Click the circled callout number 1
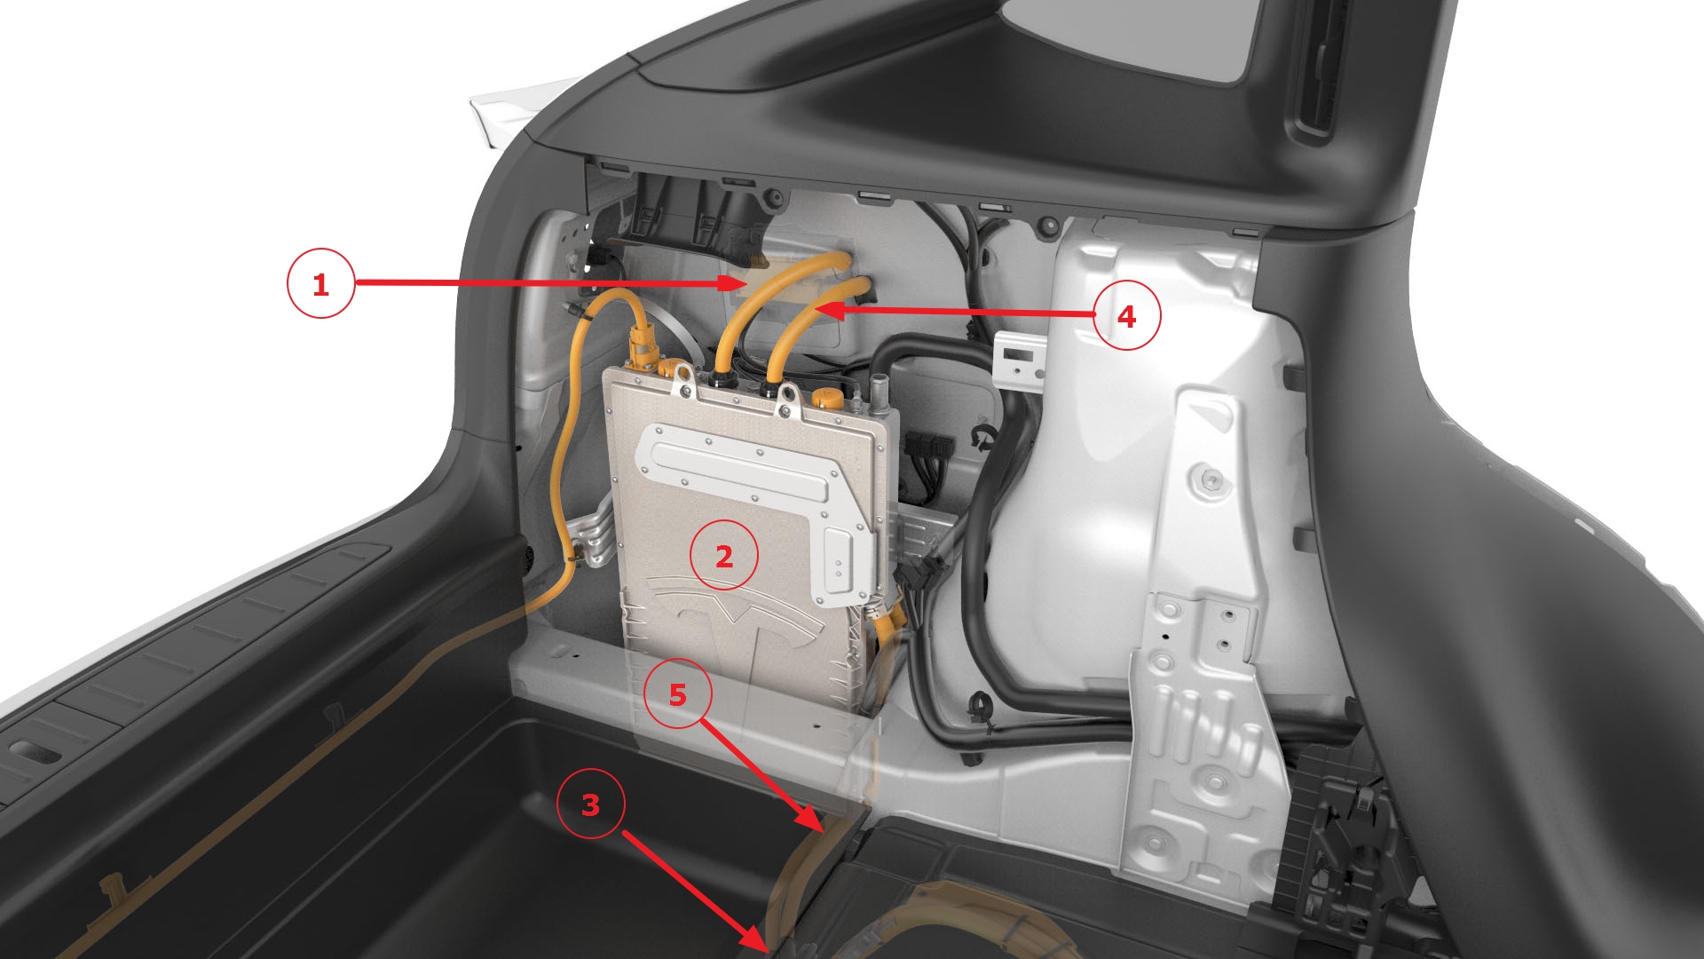[320, 284]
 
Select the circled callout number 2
[724, 556]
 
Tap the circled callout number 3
[590, 805]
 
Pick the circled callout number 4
[1126, 316]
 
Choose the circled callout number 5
[678, 694]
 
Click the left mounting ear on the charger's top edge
[683, 380]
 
